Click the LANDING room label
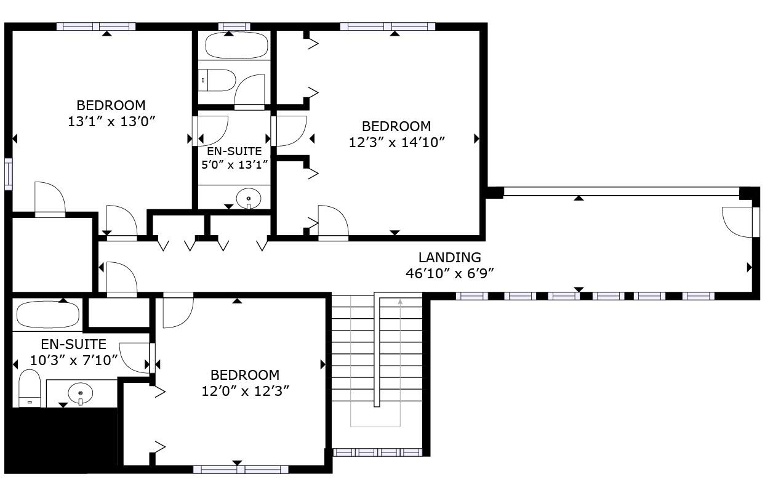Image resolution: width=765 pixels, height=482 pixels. pos(449,258)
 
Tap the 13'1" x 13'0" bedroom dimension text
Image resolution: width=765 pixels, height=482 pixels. pos(110,121)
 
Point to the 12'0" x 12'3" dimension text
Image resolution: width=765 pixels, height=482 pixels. pos(245,391)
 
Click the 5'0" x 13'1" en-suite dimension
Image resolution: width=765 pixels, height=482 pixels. pos(234,164)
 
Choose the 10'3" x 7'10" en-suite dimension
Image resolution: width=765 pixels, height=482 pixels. pos(74,360)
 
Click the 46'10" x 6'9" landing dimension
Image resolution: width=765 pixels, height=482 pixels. pos(449,273)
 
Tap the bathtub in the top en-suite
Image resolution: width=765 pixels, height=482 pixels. pos(236,45)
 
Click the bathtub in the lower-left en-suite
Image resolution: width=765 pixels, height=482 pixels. pos(48,315)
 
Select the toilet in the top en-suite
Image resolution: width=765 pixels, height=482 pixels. pos(218,80)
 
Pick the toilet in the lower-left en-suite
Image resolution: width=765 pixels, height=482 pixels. pos(30,388)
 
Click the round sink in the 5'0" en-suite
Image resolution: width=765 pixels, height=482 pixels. pos(249,198)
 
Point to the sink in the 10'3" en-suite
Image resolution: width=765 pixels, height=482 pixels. pos(80,392)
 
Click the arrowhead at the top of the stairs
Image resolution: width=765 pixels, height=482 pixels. pos(401,302)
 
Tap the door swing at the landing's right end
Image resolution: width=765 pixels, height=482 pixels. pos(737,222)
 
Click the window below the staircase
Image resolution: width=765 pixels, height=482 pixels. pos(377,452)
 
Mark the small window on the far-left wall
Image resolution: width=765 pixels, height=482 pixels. pos(8,174)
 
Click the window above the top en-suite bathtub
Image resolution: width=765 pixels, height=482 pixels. pos(234,26)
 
